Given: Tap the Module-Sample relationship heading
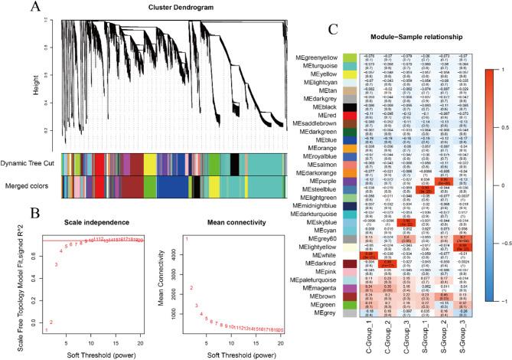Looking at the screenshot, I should coord(401,48).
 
